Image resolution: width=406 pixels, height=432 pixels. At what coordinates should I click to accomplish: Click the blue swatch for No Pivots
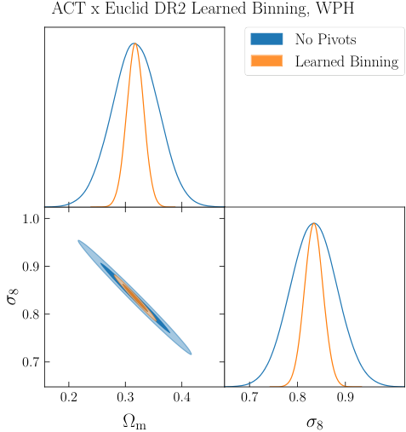(x=267, y=39)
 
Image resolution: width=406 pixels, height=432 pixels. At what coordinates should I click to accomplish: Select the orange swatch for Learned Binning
(x=267, y=61)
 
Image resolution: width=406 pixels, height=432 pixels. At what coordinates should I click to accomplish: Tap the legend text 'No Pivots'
(x=326, y=39)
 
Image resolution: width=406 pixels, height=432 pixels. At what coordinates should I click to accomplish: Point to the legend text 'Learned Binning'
(x=346, y=61)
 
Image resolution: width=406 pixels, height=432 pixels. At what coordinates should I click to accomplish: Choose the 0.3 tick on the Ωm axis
(x=125, y=397)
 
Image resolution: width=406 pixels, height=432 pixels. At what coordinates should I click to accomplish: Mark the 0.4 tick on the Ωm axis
(x=181, y=397)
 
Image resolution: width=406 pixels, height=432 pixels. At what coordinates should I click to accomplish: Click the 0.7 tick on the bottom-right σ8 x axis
(x=249, y=397)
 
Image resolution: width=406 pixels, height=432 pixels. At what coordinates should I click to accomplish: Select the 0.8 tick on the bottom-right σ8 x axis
(x=298, y=397)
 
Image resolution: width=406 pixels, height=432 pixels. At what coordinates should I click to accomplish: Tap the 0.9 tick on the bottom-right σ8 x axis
(x=346, y=397)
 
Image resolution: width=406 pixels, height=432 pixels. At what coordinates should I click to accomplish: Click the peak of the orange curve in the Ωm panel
(x=134, y=43)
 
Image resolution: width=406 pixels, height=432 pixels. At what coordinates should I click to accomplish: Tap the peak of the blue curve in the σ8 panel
(x=314, y=223)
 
